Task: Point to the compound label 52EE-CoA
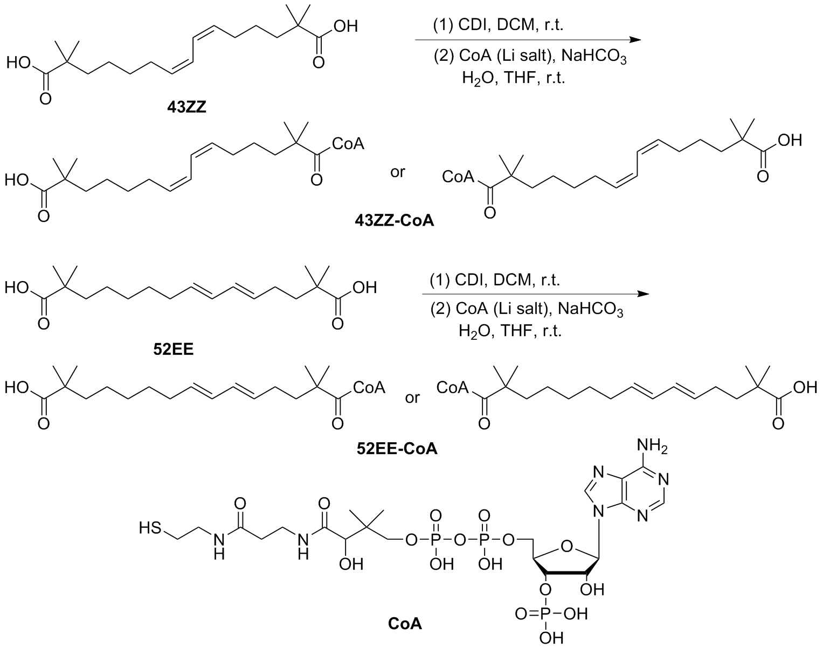396,448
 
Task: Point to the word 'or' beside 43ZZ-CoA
398,173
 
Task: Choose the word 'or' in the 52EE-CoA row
413,398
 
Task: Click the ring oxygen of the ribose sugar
565,548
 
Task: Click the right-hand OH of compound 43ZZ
345,26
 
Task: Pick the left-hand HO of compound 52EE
17,288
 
